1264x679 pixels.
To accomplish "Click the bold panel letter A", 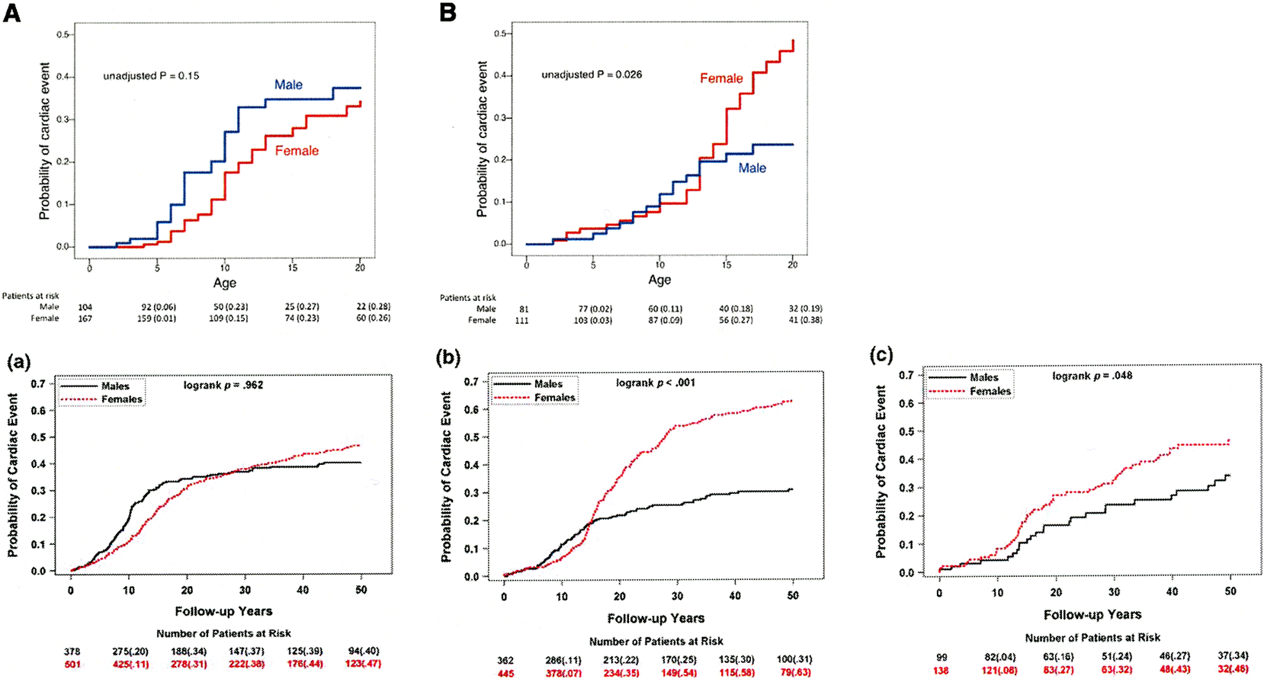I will coord(11,13).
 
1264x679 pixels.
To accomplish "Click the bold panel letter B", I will coord(448,13).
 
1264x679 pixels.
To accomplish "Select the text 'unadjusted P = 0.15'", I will coord(151,76).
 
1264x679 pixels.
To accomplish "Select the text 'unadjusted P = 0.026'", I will coord(592,75).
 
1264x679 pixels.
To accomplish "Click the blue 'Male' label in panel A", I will coord(288,85).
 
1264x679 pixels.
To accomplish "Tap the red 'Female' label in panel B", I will coord(721,78).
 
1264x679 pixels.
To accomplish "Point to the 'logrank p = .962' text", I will coord(223,385).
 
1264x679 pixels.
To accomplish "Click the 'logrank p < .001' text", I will coord(656,383).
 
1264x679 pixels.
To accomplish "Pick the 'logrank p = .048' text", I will coord(1092,376).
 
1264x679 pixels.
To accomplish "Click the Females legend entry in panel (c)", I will coord(990,391).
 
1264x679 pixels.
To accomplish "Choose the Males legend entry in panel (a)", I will coord(115,386).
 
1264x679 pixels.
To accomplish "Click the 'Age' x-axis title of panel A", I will coord(224,283).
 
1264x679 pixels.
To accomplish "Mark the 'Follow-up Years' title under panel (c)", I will coord(1092,614).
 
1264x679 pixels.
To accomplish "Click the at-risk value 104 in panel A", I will coord(85,307).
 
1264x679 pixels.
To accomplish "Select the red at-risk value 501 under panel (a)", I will coord(72,665).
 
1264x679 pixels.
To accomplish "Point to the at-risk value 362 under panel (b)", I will coord(505,661).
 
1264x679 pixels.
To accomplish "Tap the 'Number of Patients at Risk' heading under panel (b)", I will coord(656,642).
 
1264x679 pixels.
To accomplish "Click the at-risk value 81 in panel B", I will coord(524,309).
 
